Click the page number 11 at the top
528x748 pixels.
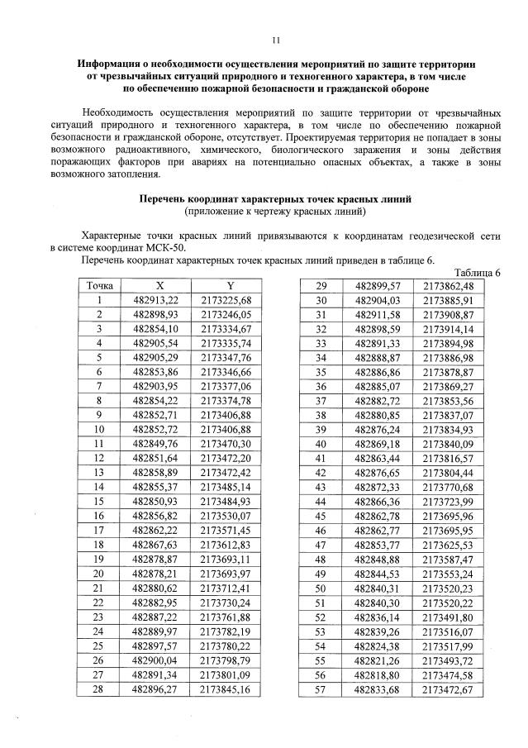tap(276, 39)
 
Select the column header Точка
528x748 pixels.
tap(98, 285)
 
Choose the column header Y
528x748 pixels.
tap(224, 285)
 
